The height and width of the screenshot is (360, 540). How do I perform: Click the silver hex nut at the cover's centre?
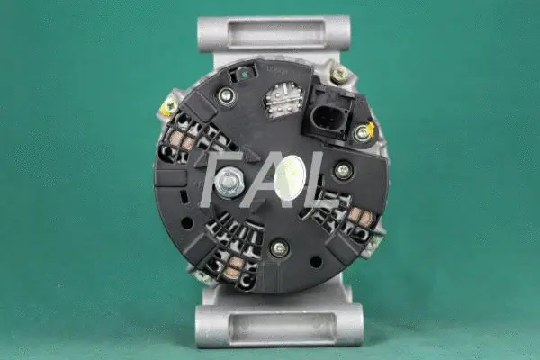coord(227,184)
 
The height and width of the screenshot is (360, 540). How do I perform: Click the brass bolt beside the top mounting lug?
coord(339,74)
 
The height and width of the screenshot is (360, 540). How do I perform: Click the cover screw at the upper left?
coord(226,96)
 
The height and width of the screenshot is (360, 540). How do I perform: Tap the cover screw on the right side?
coord(343,169)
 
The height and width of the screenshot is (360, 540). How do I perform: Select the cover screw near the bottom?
coord(279,247)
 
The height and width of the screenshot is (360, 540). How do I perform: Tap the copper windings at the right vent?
coord(360,219)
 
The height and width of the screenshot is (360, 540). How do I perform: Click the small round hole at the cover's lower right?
coord(316,262)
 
